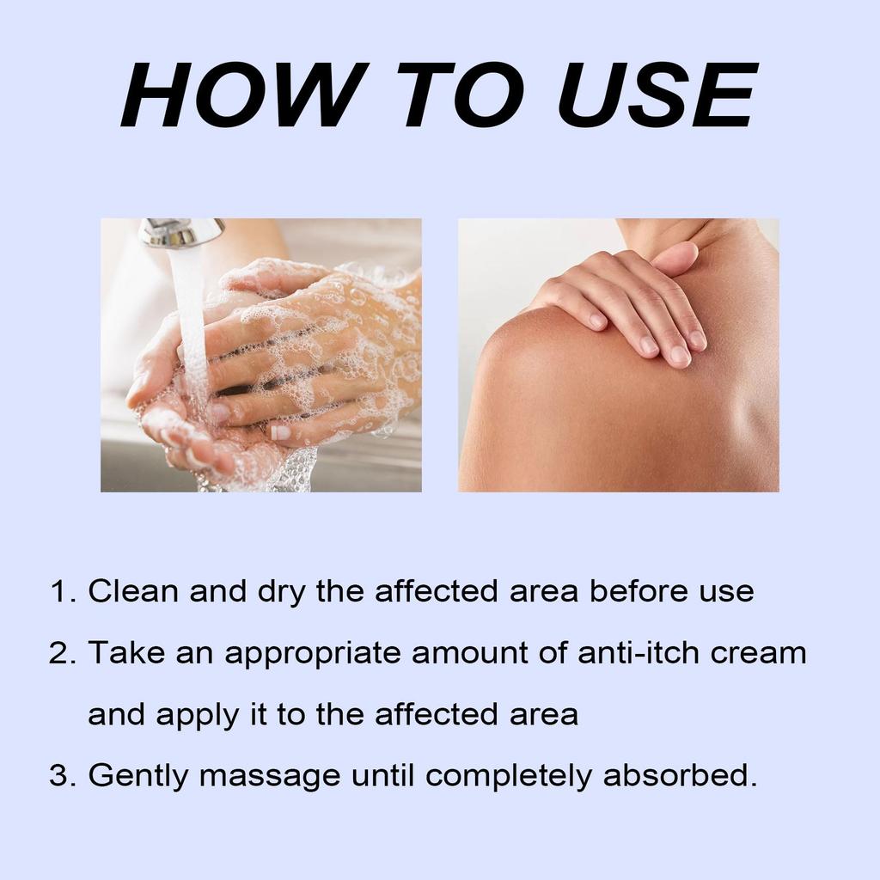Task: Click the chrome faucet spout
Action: [x=181, y=232]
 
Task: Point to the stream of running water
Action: [x=191, y=327]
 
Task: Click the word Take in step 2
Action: [x=124, y=653]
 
